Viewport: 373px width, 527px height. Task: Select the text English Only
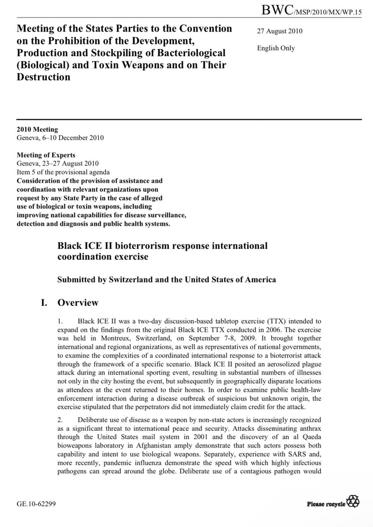pyautogui.click(x=276, y=48)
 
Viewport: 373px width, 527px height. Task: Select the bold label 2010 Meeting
pyautogui.click(x=37, y=130)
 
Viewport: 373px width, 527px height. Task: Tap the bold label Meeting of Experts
pyautogui.click(x=46, y=155)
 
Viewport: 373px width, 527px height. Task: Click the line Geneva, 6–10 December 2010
pyautogui.click(x=60, y=138)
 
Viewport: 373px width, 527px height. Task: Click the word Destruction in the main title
pyautogui.click(x=44, y=77)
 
